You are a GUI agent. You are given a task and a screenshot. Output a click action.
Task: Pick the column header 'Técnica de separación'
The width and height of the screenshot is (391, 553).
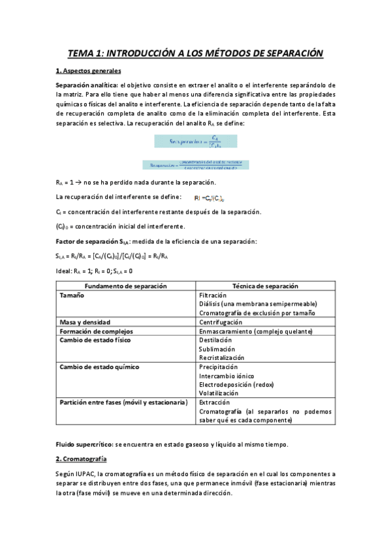265,286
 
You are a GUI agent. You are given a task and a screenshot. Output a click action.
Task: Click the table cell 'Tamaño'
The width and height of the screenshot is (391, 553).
72,295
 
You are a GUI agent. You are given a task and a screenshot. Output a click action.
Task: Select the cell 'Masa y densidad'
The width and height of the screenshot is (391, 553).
85,322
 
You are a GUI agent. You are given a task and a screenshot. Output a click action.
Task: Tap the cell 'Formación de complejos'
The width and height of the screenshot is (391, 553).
96,331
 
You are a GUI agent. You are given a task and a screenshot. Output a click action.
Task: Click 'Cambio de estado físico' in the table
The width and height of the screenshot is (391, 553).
95,340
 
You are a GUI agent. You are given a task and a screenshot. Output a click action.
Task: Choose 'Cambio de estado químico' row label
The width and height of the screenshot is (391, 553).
99,366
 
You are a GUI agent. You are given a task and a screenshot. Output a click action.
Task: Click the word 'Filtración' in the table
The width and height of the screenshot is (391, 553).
213,295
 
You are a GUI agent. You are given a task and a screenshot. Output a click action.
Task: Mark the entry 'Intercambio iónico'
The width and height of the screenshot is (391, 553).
226,376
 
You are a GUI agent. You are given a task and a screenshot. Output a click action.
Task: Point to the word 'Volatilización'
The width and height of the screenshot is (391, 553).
219,393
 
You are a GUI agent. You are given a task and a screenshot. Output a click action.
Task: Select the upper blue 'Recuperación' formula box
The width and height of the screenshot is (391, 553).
195,140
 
